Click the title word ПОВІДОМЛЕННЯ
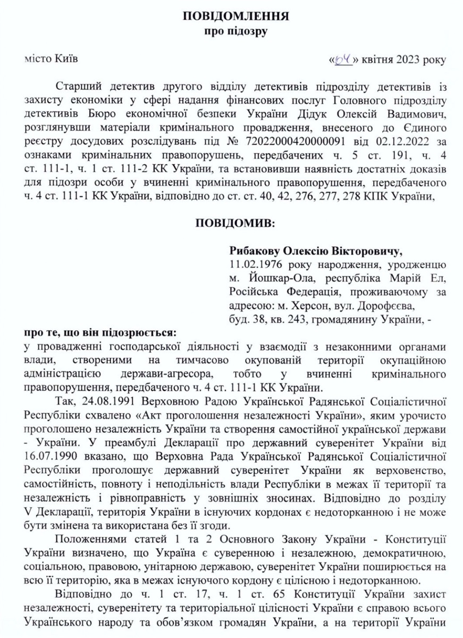pyautogui.click(x=236, y=16)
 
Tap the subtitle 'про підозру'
pyautogui.click(x=236, y=31)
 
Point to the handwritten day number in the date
pyautogui.click(x=344, y=59)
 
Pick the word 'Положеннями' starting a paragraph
pyautogui.click(x=85, y=541)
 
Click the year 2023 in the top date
pyautogui.click(x=409, y=59)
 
